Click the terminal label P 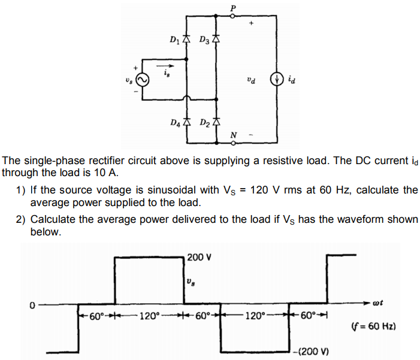pos(233,7)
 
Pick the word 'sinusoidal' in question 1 pos(174,190)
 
